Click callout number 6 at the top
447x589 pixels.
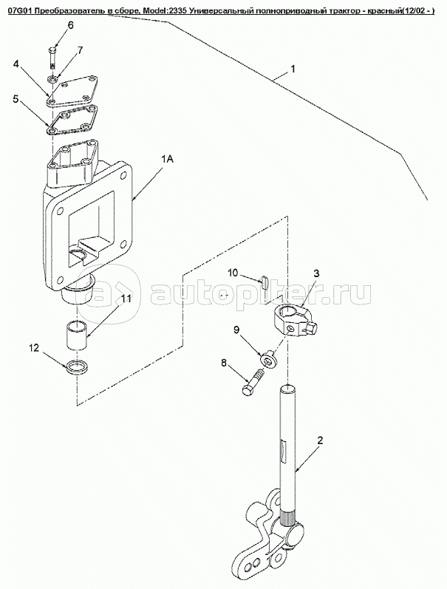click(x=71, y=25)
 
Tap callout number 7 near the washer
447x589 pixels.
click(x=80, y=50)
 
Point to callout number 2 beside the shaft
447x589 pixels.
click(x=319, y=441)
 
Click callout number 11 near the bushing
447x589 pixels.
click(x=126, y=299)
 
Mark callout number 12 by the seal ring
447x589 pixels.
click(x=33, y=347)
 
